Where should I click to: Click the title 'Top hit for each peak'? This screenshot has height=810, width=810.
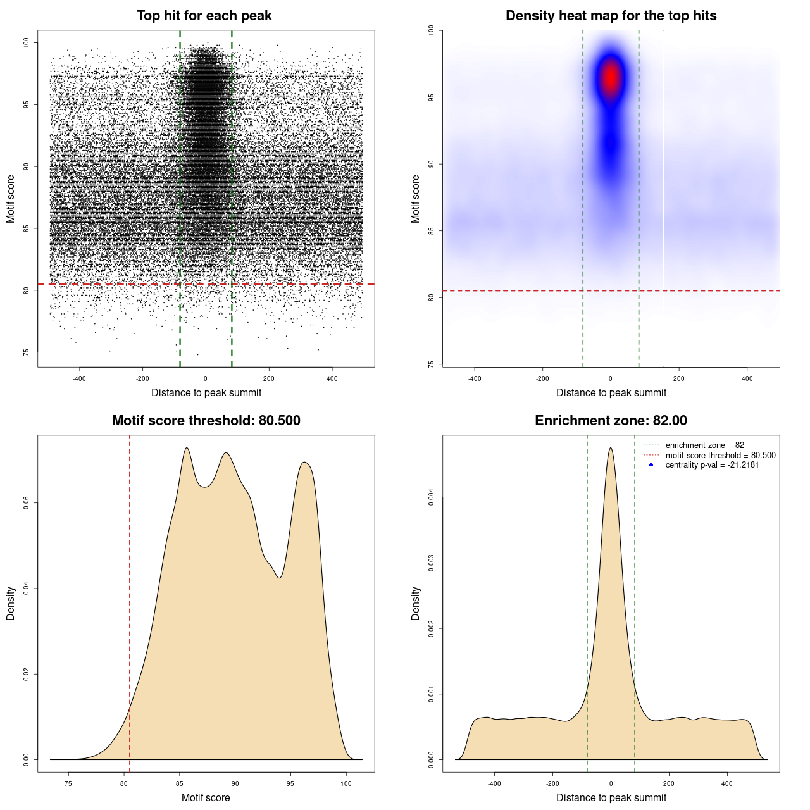tap(204, 16)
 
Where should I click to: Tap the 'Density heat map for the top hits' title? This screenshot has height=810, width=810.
tap(611, 16)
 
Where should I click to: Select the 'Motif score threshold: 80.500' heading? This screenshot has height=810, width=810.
tap(206, 421)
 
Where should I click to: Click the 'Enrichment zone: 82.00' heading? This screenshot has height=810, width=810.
tap(611, 421)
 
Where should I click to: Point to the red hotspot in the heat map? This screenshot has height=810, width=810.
tap(611, 78)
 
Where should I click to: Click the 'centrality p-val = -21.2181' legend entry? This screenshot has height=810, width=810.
tap(712, 465)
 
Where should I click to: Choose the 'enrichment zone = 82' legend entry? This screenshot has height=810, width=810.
tap(704, 445)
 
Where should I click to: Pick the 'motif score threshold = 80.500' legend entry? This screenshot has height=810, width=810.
tap(720, 456)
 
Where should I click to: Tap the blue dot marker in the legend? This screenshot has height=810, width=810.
tap(651, 465)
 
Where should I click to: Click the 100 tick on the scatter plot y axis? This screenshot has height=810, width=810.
tap(27, 42)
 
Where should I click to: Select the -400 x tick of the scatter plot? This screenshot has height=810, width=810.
tap(79, 378)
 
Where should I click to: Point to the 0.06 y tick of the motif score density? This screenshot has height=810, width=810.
tap(27, 503)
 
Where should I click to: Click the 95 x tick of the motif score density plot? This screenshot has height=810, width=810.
tap(290, 783)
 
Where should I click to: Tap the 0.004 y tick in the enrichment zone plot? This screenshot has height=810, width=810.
tap(432, 497)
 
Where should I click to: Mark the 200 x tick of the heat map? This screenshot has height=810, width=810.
tap(679, 378)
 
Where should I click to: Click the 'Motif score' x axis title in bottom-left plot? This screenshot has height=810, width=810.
tap(206, 797)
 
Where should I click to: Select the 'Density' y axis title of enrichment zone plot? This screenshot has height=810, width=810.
tap(416, 603)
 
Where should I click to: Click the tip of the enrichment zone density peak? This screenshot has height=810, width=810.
tap(611, 448)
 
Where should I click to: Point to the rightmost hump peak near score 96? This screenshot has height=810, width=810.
tap(305, 462)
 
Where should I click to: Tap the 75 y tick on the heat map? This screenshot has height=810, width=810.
tap(432, 364)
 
